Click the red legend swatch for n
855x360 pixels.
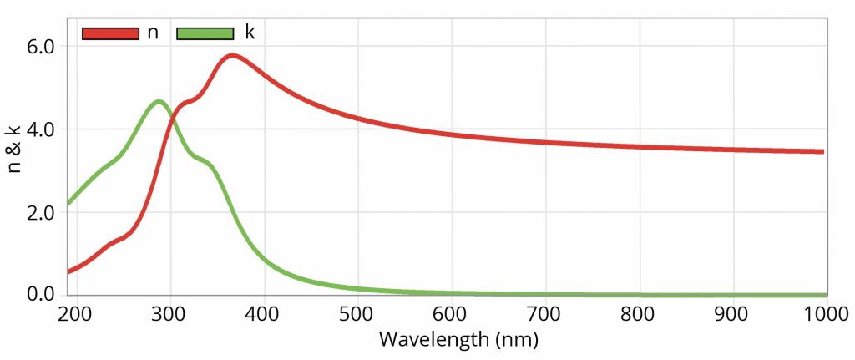[110, 33]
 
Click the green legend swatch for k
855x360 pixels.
[205, 33]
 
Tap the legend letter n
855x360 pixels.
[153, 33]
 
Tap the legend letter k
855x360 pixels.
[249, 33]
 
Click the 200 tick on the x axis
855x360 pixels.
[77, 314]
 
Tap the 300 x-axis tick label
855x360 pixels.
[170, 314]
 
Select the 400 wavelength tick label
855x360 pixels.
[264, 314]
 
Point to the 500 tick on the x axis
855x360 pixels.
[357, 314]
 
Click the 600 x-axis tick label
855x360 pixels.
[452, 314]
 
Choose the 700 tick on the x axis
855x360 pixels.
[545, 314]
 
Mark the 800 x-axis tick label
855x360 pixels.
[639, 314]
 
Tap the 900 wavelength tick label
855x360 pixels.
[733, 314]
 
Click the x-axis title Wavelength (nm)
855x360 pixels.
[458, 340]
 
